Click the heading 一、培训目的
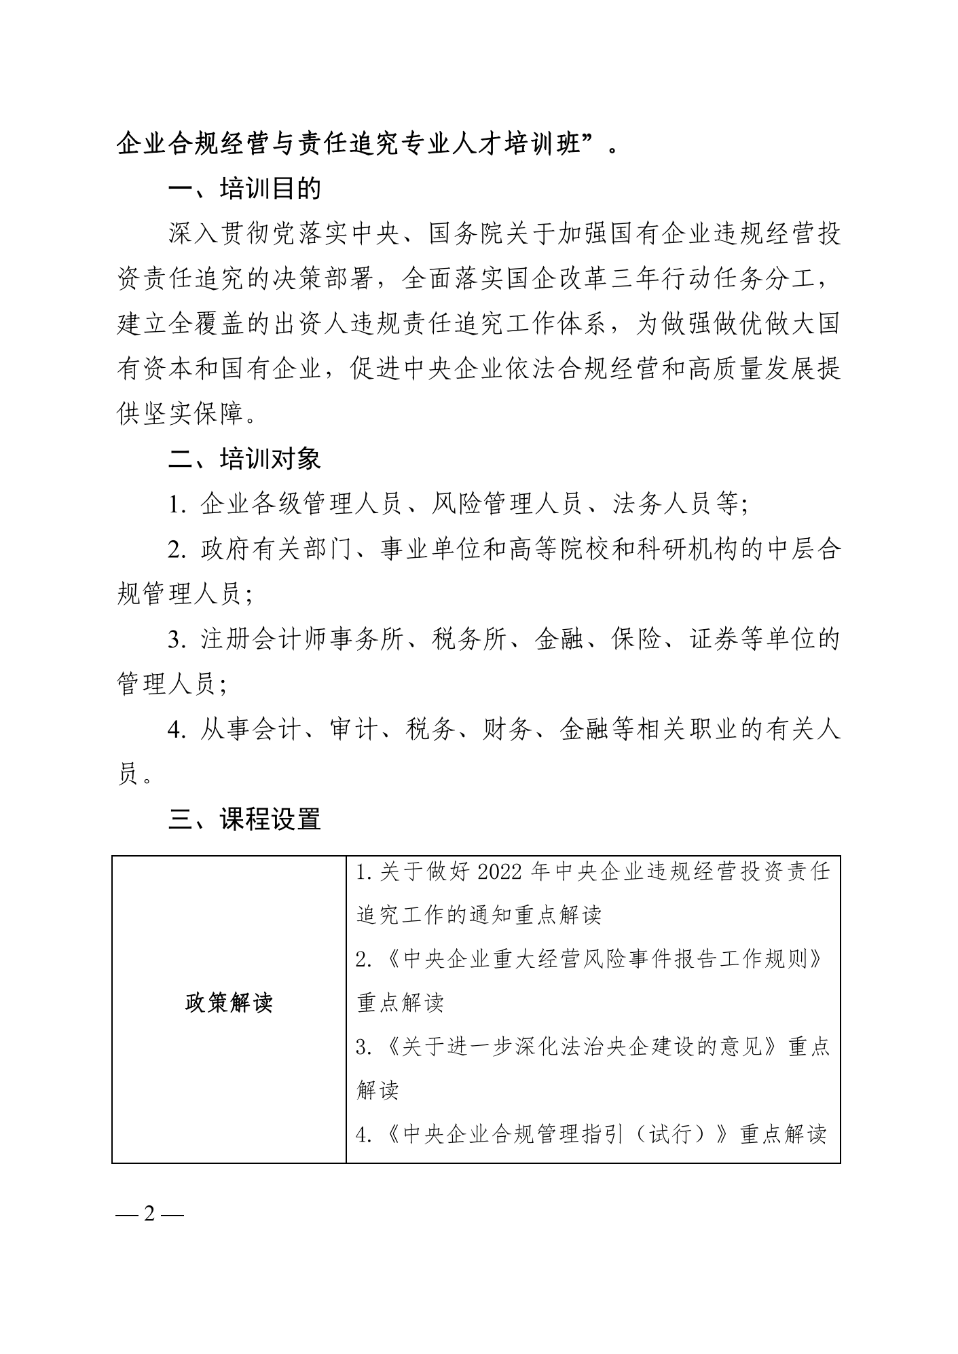point(244,189)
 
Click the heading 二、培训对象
point(244,459)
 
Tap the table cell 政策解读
point(229,1002)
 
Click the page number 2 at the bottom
point(149,1214)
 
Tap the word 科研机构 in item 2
point(688,550)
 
